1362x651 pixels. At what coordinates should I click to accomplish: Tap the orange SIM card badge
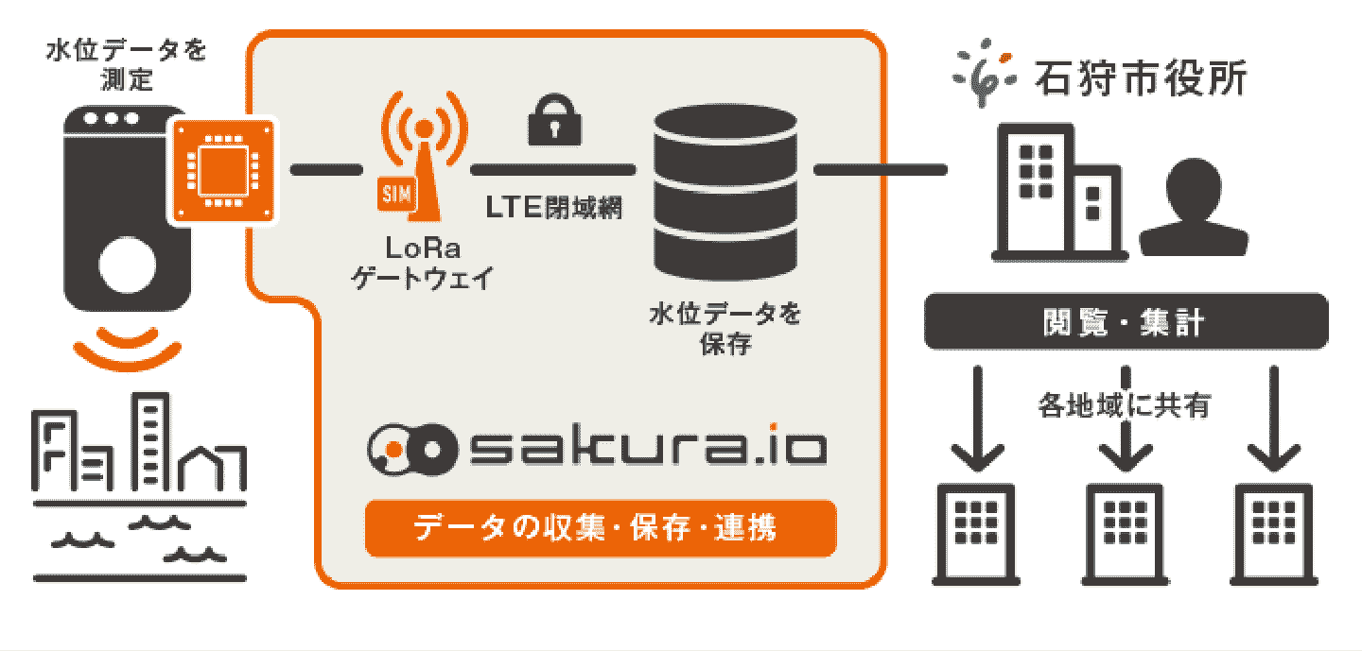pyautogui.click(x=393, y=195)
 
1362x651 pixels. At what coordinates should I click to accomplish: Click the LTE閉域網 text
pyautogui.click(x=554, y=208)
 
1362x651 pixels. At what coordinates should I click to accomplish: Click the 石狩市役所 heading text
pyautogui.click(x=1141, y=77)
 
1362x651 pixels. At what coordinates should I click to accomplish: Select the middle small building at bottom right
pyautogui.click(x=1125, y=534)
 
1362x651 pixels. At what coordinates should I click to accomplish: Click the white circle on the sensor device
pyautogui.click(x=127, y=266)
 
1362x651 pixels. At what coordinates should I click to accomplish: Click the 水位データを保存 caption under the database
pyautogui.click(x=725, y=328)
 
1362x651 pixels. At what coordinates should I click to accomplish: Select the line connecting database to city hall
pyautogui.click(x=880, y=170)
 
